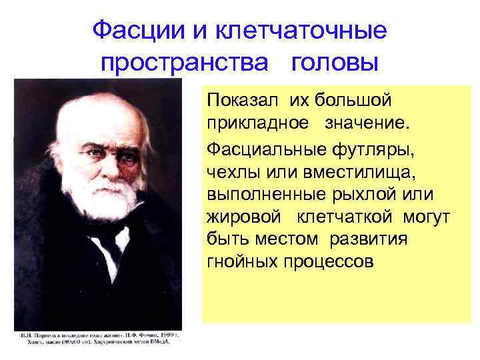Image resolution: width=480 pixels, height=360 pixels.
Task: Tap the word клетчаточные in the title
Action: coord(303,30)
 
